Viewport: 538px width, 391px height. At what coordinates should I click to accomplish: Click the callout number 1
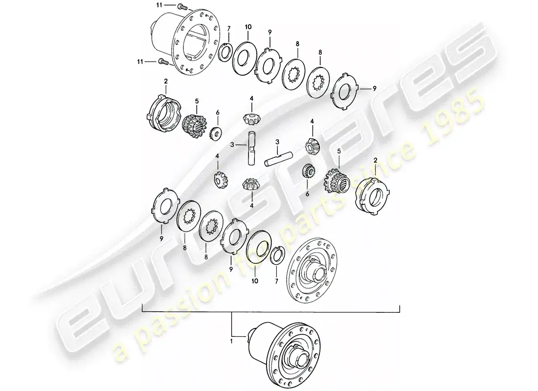pyautogui.click(x=231, y=341)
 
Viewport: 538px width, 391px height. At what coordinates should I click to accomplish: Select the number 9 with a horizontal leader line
pyautogui.click(x=375, y=88)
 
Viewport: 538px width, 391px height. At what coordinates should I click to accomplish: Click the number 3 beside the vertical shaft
pyautogui.click(x=232, y=145)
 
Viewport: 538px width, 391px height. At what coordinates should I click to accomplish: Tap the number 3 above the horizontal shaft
pyautogui.click(x=277, y=142)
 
